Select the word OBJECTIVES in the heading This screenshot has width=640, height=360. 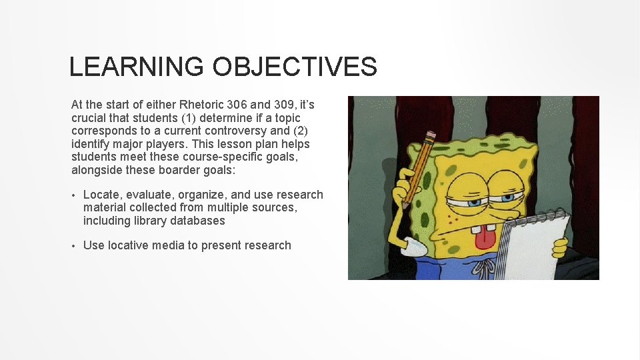click(295, 67)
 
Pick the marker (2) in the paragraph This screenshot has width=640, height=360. click(297, 131)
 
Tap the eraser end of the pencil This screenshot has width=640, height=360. click(429, 137)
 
